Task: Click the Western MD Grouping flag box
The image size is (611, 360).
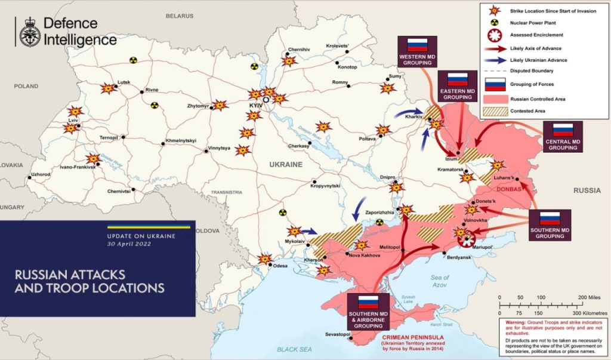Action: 417,51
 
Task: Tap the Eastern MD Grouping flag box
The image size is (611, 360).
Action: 457,85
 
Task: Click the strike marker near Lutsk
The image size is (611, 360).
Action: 108,88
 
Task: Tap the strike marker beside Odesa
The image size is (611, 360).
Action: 264,259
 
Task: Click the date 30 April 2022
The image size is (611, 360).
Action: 129,244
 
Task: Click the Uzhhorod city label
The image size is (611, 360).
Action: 39,174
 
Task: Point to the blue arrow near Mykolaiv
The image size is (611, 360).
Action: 308,230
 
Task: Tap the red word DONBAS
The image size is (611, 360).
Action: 508,189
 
